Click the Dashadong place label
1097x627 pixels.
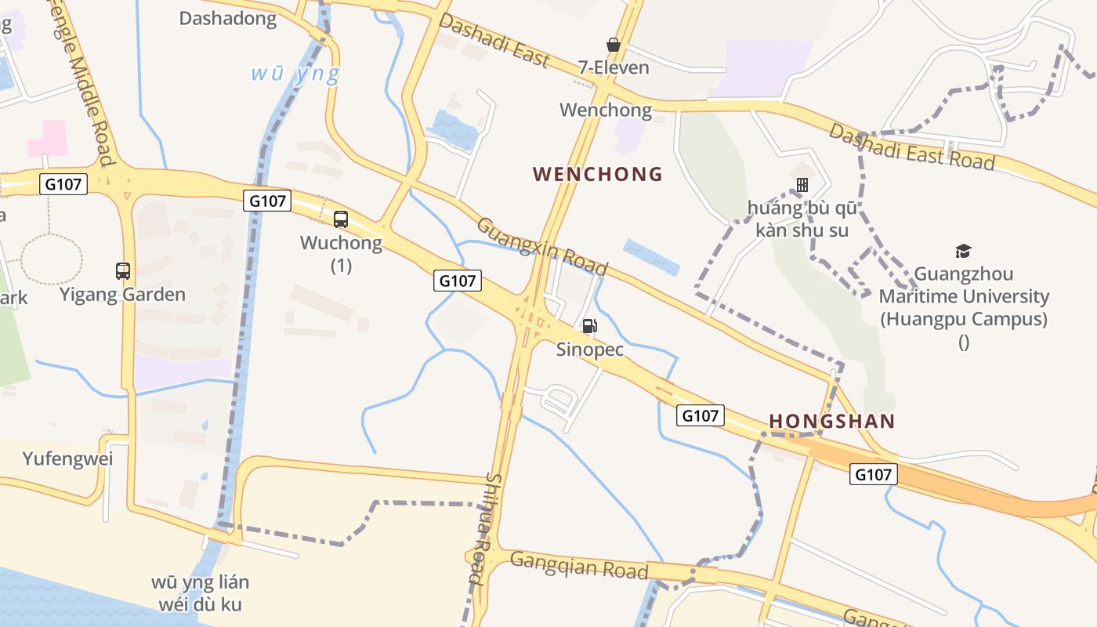tap(228, 19)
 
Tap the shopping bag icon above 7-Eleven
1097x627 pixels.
tap(614, 45)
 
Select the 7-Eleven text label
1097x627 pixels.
tap(614, 67)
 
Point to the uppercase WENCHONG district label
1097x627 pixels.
tap(598, 174)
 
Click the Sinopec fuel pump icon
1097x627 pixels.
tap(589, 326)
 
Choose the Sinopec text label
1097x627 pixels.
tap(590, 350)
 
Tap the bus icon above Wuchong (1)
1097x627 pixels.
tap(341, 219)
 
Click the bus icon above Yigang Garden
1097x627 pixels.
tap(123, 271)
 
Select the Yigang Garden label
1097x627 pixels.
tap(123, 295)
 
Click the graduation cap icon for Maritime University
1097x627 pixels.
tap(963, 251)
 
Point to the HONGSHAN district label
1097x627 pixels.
tap(832, 422)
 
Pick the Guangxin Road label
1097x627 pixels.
tap(541, 246)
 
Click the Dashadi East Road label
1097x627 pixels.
tap(912, 147)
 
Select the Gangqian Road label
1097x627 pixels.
tap(579, 564)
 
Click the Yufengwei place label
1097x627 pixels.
tap(67, 459)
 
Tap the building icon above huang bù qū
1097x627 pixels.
tap(802, 185)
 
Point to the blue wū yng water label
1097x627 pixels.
tap(295, 74)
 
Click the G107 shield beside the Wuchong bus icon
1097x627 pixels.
tap(267, 201)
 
